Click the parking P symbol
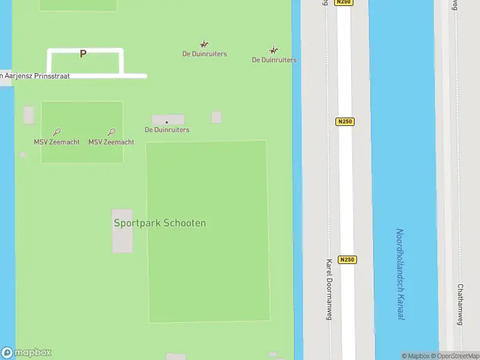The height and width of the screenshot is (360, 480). point(83,53)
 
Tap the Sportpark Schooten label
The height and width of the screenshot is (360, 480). point(160,223)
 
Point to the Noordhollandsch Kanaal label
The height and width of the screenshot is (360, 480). point(400,274)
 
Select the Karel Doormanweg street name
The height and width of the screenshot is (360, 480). point(329,290)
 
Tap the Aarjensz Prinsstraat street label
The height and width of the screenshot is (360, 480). point(36,76)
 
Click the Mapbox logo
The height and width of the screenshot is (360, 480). point(26,353)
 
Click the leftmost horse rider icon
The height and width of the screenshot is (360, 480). point(204,44)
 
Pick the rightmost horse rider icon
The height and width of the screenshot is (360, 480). point(274,50)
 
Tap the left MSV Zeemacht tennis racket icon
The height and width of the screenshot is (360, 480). point(56,132)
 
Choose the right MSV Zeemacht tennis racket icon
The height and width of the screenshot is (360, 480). point(111,132)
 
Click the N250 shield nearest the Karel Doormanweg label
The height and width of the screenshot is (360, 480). point(347,260)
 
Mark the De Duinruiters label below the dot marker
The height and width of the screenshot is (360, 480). point(167,130)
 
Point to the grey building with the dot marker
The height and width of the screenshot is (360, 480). point(168,119)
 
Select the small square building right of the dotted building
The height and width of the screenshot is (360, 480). point(217,117)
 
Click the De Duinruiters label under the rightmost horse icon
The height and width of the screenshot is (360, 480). point(274,60)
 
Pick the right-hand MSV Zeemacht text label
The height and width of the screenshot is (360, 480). point(111,142)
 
